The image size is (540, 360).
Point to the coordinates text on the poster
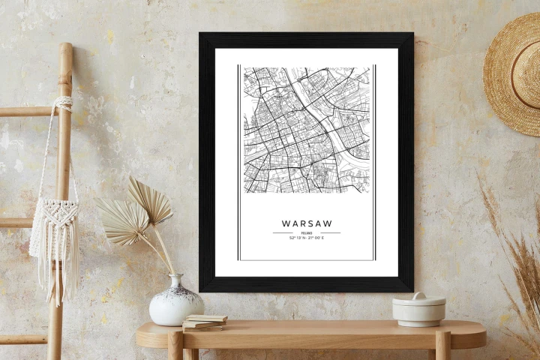pyautogui.click(x=306, y=238)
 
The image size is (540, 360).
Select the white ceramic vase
pyautogui.click(x=176, y=302)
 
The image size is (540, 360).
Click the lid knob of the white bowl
pyautogui.click(x=418, y=295)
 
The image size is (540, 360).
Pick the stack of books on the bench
pyautogui.click(x=204, y=322)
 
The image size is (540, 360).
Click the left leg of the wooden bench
pyautogui.click(x=175, y=347)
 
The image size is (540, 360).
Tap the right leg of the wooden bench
pyautogui.click(x=442, y=347)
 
